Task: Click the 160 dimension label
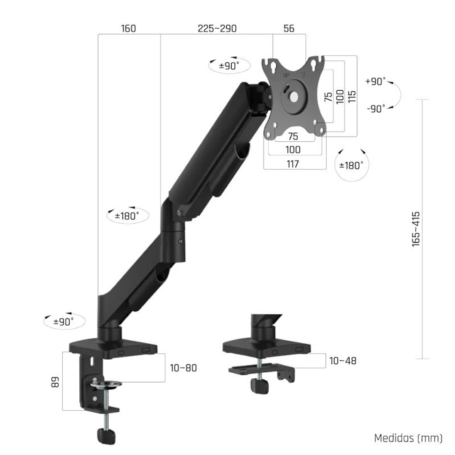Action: click(128, 29)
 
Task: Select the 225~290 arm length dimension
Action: click(217, 29)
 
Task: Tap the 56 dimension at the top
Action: click(289, 29)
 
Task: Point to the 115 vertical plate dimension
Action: click(352, 97)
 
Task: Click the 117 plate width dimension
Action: click(293, 164)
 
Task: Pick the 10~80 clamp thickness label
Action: click(183, 368)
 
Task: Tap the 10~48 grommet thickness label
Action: click(342, 361)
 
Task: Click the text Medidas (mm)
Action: click(408, 438)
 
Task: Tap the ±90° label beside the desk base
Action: click(64, 322)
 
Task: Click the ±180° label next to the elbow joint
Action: click(127, 216)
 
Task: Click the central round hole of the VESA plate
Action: click(293, 97)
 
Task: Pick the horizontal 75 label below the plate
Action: click(293, 136)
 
